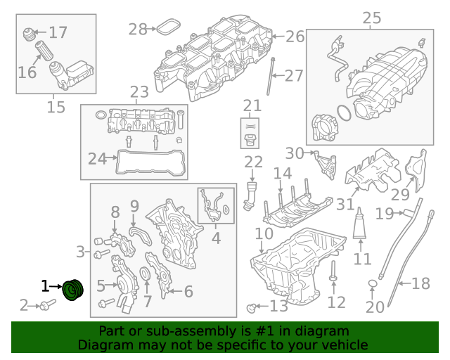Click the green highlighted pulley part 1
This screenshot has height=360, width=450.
(72, 289)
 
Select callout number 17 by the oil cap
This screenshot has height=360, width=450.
(58, 32)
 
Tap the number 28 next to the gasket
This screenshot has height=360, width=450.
(138, 29)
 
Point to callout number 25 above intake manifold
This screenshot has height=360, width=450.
(371, 17)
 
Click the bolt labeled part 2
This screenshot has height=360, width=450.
(48, 305)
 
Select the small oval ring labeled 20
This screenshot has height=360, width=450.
(372, 284)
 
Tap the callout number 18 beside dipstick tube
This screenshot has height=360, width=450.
(420, 284)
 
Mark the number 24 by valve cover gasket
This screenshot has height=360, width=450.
(98, 158)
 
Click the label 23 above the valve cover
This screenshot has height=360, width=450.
(139, 92)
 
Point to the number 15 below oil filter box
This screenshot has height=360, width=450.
(56, 107)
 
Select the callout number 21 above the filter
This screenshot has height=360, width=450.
(252, 106)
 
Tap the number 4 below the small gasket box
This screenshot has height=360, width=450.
(216, 238)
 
